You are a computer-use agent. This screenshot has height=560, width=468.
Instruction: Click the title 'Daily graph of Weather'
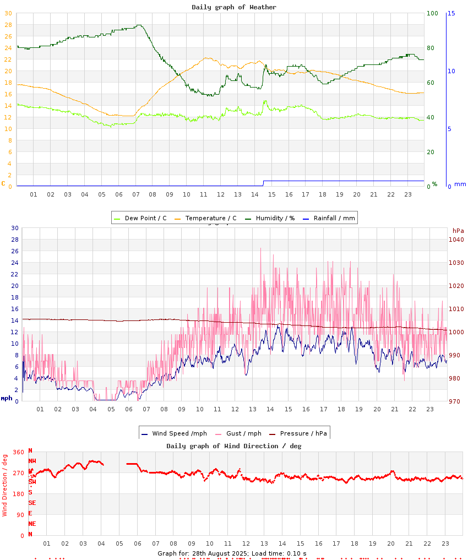(x=234, y=7)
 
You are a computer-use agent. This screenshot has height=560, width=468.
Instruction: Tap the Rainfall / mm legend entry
(x=334, y=218)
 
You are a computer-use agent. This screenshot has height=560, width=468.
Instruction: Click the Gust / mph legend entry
(x=240, y=433)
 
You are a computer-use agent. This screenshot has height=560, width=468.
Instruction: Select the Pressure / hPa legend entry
(x=303, y=433)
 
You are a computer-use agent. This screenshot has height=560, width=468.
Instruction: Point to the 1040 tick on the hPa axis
(x=456, y=240)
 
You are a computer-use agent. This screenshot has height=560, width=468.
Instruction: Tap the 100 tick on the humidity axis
(x=432, y=13)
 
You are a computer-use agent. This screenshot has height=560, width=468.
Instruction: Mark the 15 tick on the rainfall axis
(x=451, y=13)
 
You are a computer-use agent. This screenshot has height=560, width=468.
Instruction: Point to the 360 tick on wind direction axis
(x=18, y=453)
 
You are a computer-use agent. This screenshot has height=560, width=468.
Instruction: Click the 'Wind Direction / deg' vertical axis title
(x=5, y=485)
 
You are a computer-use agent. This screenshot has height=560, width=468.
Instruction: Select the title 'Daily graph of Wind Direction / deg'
(x=234, y=445)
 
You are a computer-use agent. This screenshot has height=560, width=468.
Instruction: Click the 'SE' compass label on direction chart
(x=32, y=503)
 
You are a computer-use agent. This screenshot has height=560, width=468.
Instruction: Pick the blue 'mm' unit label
(x=460, y=184)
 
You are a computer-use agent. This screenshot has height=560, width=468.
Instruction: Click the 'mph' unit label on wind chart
(x=6, y=398)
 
